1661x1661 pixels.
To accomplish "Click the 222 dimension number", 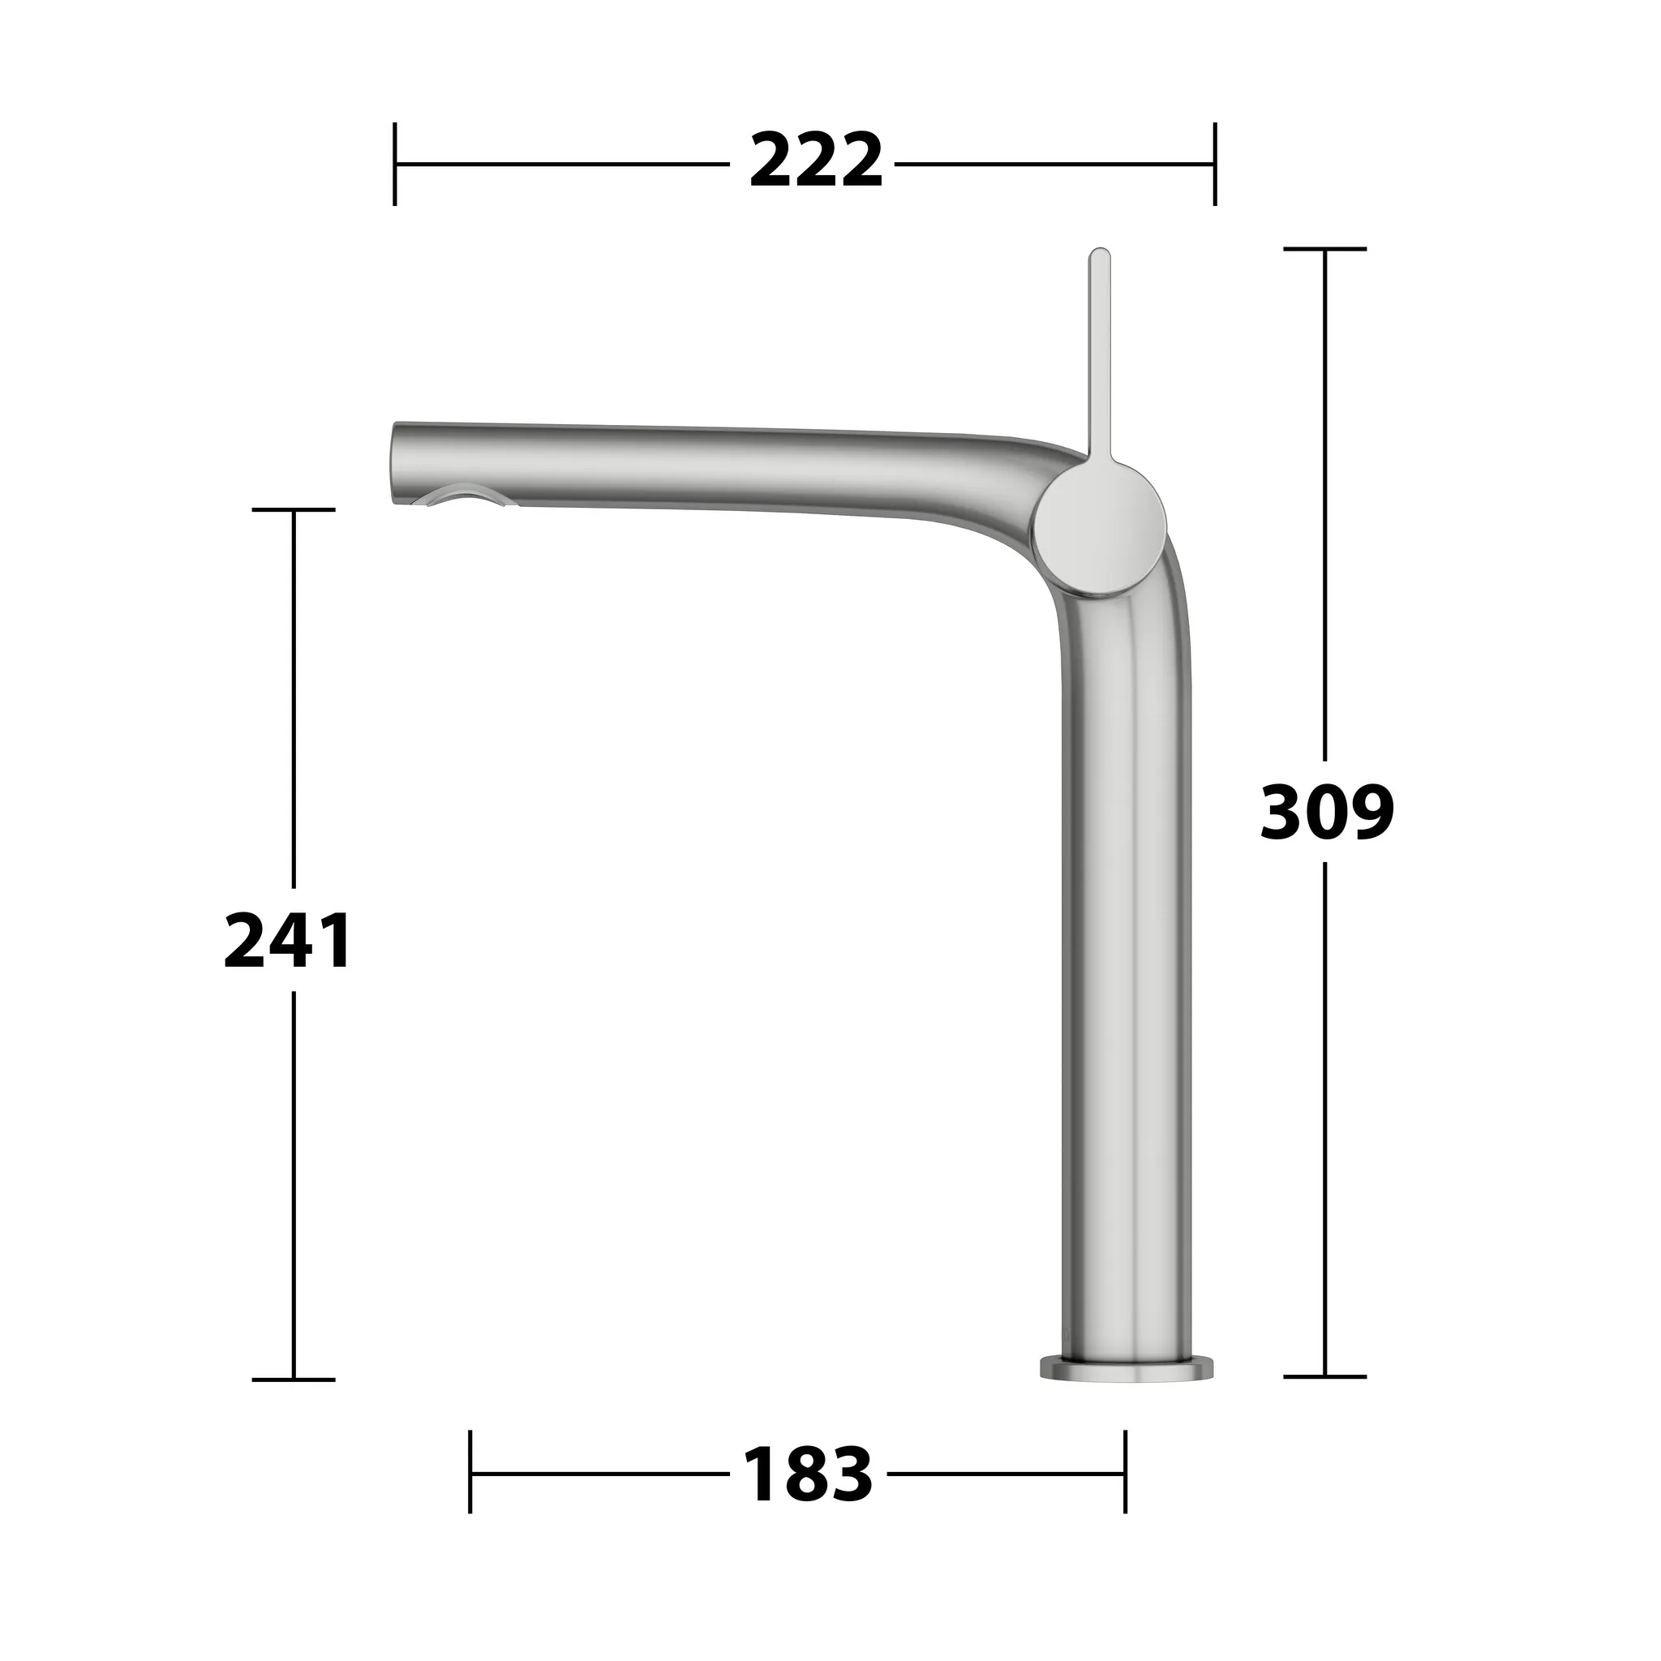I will [815, 161].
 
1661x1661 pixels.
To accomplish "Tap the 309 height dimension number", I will [1326, 813].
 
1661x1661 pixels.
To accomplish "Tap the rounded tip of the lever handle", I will [1100, 256].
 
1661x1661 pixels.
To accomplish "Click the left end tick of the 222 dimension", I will [395, 163].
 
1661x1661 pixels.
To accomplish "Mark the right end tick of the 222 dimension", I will [1214, 163].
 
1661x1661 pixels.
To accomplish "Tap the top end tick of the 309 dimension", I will [1325, 249].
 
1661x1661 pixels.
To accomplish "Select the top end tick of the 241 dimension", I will [293, 510].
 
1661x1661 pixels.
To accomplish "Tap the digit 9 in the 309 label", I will [1368, 813].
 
